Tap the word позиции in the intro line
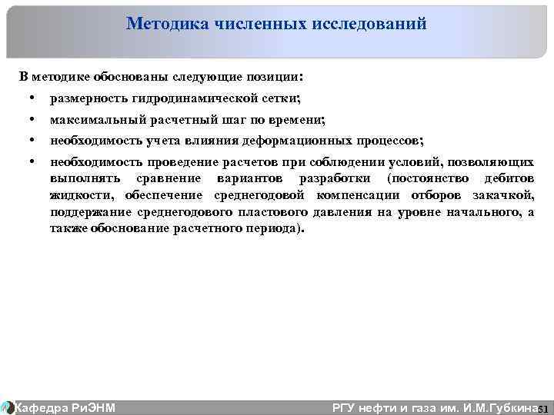click(276, 78)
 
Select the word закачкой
click(505, 196)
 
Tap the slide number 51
click(543, 409)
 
